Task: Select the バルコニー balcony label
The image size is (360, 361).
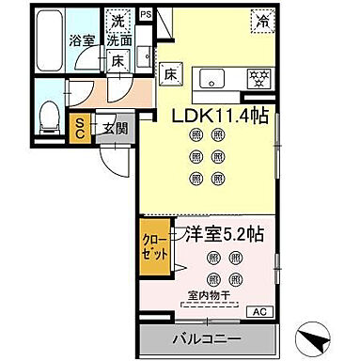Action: click(x=205, y=338)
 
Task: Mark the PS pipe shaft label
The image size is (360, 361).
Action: click(x=146, y=15)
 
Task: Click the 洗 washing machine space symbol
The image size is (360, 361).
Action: click(x=117, y=20)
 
